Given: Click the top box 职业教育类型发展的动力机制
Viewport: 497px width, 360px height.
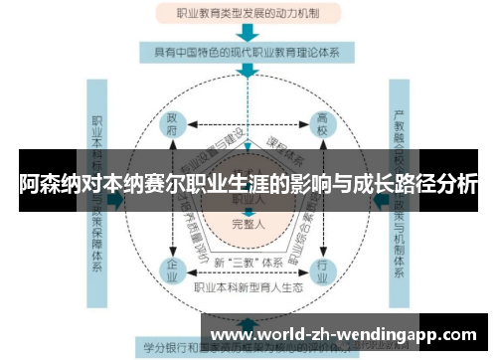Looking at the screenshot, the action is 247,15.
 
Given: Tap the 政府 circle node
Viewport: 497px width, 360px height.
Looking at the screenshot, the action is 173,126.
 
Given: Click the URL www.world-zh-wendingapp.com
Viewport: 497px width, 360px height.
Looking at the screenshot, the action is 346,333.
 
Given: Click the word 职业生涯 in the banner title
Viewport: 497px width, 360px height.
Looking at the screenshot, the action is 247,185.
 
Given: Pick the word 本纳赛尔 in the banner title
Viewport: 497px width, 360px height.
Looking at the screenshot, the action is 152,185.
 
